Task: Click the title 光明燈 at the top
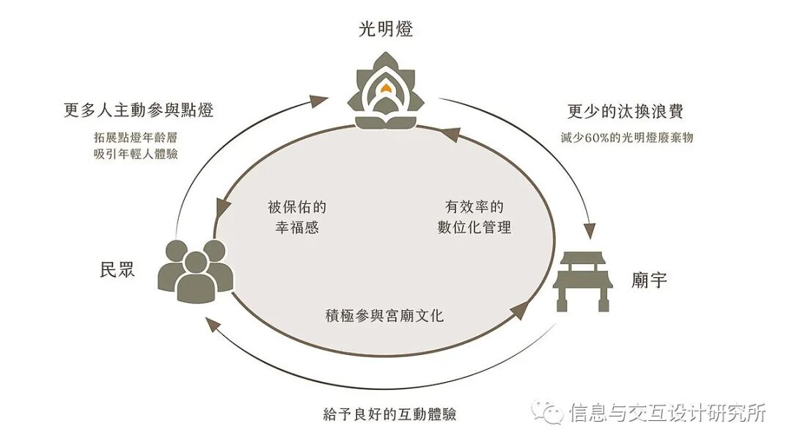tap(386, 30)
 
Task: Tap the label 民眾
tap(117, 269)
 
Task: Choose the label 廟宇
tap(649, 279)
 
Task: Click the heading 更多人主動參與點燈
tap(143, 111)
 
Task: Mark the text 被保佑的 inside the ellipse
tap(293, 207)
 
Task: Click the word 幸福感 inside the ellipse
tap(293, 227)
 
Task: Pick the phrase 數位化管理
tap(469, 227)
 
